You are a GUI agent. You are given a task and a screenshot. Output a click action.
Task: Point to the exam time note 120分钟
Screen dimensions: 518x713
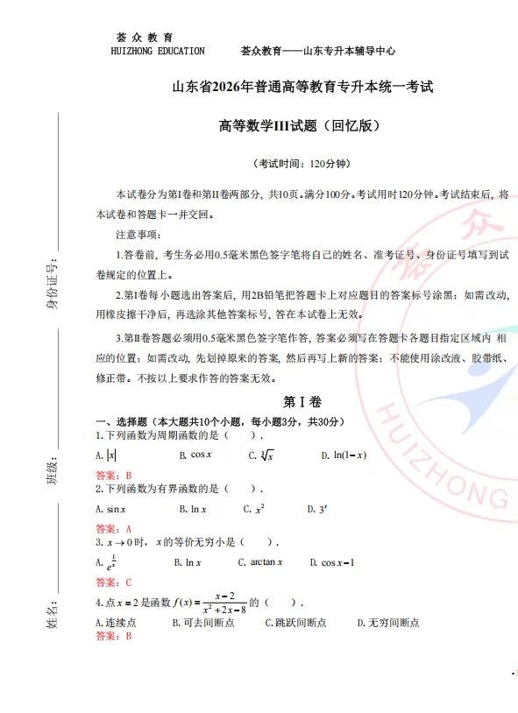302,164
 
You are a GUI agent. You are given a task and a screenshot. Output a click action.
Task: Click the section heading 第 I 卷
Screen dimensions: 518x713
302,402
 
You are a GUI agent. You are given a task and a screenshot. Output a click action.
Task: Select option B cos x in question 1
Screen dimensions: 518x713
195,455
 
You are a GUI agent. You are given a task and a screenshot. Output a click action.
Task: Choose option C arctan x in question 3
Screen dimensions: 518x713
260,562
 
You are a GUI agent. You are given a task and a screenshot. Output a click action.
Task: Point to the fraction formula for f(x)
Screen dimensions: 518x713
230,603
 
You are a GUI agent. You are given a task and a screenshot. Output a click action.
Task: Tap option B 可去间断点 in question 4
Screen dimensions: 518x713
206,623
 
